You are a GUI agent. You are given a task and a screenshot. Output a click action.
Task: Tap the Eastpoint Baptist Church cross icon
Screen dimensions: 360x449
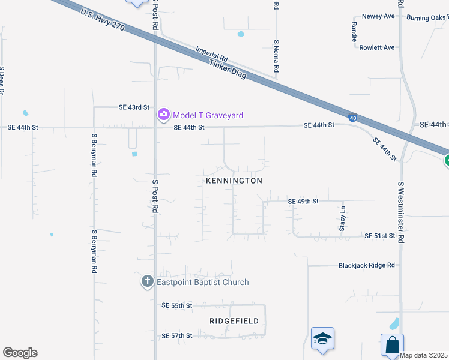(x=148, y=282)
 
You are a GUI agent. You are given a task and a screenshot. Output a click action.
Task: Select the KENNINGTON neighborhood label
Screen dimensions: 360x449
(x=234, y=181)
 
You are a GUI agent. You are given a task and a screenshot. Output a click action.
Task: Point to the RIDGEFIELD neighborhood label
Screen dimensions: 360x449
(x=235, y=321)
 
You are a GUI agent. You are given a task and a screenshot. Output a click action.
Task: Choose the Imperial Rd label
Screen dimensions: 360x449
(x=212, y=55)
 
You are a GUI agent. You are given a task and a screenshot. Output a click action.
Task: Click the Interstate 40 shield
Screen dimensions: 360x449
(x=353, y=117)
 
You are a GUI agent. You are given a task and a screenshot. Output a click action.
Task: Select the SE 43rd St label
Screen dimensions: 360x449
(x=134, y=107)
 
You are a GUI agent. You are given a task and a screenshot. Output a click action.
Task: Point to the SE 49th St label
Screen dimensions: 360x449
(x=303, y=201)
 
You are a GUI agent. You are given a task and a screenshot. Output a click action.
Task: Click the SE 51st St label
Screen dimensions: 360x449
(x=380, y=236)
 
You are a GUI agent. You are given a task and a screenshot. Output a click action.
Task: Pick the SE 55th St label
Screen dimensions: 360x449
(x=176, y=305)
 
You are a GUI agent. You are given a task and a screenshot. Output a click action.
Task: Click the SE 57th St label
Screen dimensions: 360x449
(x=176, y=335)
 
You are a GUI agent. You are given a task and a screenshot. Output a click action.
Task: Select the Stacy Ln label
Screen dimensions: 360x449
(x=343, y=219)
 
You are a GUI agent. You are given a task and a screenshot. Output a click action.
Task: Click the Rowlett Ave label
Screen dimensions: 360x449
(x=377, y=47)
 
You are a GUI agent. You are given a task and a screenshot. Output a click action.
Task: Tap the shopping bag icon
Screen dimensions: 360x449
(x=392, y=346)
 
